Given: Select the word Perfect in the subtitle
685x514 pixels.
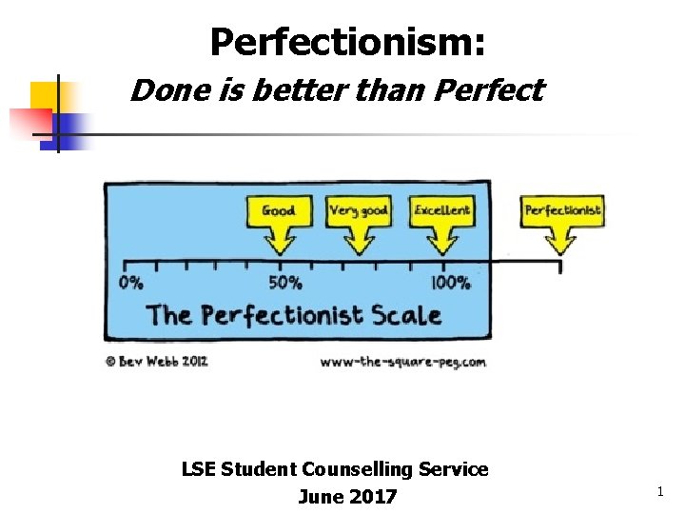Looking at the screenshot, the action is point(488,90).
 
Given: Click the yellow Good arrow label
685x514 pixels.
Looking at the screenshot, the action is point(279,211).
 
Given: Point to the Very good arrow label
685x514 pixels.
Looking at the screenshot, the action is point(359,211).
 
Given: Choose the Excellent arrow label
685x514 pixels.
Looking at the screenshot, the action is point(441,211).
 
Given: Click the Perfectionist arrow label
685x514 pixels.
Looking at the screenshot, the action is point(562,211).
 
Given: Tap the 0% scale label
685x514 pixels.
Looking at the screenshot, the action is point(132,282).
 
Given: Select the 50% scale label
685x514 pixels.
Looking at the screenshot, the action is point(284,282).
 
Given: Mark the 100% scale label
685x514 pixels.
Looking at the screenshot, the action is point(450,282).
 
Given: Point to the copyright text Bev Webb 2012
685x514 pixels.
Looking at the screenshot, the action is point(157,362).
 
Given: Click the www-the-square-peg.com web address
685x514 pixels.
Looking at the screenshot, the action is point(402,362).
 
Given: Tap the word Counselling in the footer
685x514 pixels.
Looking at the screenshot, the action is point(355,469).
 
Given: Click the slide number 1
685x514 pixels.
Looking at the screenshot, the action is point(659,491).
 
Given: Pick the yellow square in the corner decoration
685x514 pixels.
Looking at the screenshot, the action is point(43,95).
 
